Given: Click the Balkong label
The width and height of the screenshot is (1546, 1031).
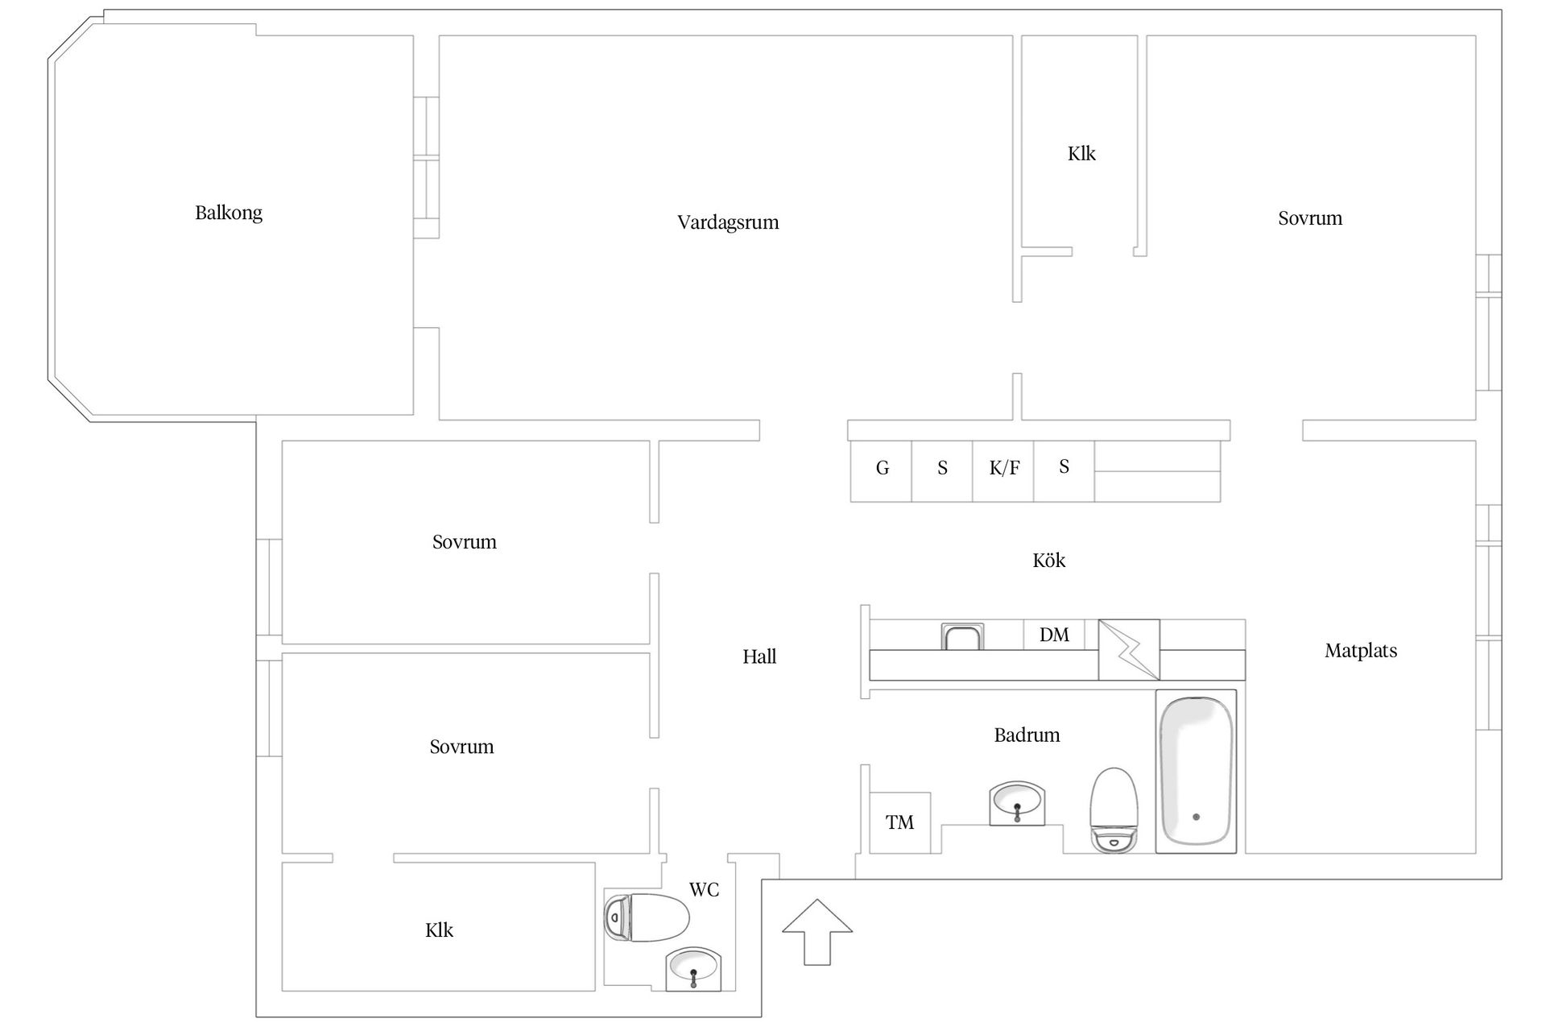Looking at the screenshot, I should (229, 213).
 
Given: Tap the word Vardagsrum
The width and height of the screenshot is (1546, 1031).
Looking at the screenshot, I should (728, 222).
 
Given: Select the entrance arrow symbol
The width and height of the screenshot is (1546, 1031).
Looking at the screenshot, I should (817, 931).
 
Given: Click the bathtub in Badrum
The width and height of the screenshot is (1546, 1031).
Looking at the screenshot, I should (1196, 771).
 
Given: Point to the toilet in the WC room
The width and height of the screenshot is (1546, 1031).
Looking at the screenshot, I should (648, 917).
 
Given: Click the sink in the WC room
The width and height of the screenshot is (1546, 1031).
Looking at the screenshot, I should (693, 968).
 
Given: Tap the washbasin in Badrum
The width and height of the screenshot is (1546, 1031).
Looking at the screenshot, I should (1017, 803).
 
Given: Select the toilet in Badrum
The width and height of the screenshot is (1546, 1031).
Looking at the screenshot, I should (1114, 809).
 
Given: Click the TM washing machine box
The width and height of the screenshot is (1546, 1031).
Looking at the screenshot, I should (899, 822).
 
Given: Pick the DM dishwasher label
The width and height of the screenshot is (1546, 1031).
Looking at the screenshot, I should (1054, 635).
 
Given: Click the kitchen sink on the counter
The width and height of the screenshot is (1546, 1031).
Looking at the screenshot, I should (962, 637).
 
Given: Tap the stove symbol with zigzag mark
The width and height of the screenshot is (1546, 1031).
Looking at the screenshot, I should (1129, 650).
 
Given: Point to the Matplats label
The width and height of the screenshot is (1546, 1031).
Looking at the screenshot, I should (1361, 651).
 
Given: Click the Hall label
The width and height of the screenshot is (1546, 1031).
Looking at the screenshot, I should (759, 657).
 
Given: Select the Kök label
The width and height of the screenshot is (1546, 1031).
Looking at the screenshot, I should (1048, 561).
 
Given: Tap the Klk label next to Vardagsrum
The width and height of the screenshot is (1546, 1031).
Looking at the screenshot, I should (1081, 154).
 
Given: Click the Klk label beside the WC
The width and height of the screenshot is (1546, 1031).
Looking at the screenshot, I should (439, 930).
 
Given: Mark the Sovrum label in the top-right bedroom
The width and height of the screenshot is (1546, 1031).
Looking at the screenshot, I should (1310, 218).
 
